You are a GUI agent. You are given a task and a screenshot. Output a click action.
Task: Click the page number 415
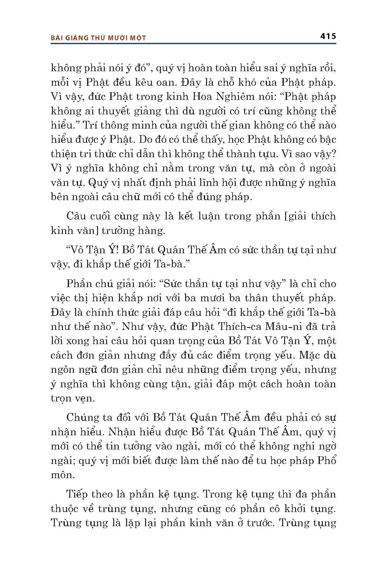point(328,36)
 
